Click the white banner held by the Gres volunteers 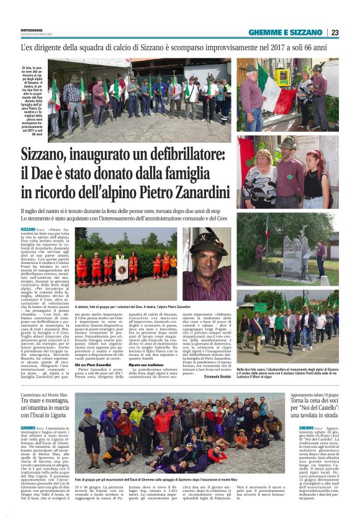(123, 268)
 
